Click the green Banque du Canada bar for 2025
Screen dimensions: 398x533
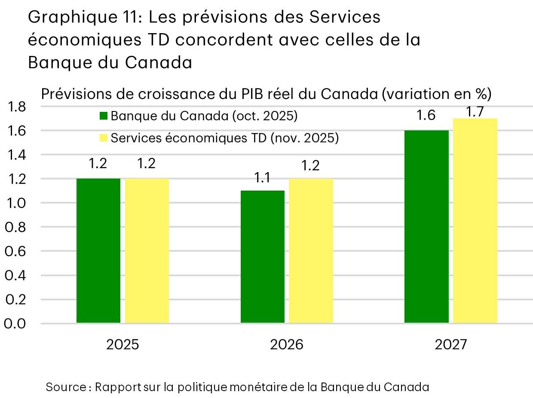[x=98, y=250]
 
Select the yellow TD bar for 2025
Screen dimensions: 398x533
[x=147, y=250]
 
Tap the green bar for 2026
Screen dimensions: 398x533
[x=262, y=256]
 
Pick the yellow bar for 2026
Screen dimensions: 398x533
[x=311, y=250]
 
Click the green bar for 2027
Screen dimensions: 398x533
[x=426, y=226]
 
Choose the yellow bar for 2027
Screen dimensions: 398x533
[x=475, y=220]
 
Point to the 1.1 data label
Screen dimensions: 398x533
[x=262, y=178]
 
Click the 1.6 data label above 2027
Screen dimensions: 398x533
[x=426, y=116]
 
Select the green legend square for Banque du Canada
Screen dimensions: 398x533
[x=103, y=116]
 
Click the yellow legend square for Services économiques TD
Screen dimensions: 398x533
[x=103, y=138]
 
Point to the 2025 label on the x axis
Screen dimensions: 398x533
[x=123, y=345]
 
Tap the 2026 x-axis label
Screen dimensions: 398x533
[x=287, y=345]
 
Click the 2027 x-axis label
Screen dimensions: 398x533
[x=450, y=345]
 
